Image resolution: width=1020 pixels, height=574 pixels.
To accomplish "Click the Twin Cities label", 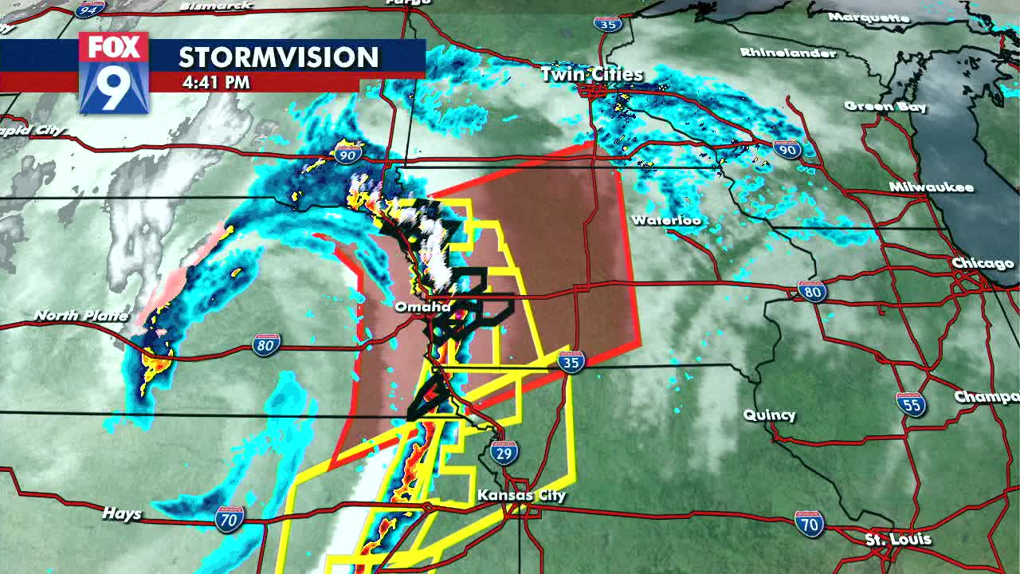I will pos(591,74).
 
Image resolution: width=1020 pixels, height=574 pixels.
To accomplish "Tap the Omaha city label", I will pos(423,306).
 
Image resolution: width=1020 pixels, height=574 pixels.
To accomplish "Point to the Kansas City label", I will pos(521,495).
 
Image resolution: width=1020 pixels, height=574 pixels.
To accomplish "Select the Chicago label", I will pos(983,263).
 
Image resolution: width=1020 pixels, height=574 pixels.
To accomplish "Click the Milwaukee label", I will pos(932,187).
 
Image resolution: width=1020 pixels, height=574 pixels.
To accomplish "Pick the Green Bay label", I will pos(885,106).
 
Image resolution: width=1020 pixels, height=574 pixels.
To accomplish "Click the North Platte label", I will pos(80,316).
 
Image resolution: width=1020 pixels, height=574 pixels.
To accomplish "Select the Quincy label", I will pos(769,415).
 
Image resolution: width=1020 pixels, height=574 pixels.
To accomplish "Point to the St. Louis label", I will pos(897,540).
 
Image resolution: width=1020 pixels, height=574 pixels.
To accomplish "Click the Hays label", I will pos(121,514).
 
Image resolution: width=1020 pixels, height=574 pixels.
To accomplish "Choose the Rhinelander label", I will pos(788,53).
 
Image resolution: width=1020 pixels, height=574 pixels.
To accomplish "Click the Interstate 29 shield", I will pos(504,453).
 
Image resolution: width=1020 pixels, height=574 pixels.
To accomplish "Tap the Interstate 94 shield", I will pos(90,9).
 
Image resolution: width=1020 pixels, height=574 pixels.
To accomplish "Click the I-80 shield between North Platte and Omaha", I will pos(266,345).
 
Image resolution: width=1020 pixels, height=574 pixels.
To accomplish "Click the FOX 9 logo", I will pos(114,73).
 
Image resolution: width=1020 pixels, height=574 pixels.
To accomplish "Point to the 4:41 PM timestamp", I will pos(216,82).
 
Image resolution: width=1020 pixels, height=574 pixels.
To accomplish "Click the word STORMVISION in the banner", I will pos(278,57).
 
